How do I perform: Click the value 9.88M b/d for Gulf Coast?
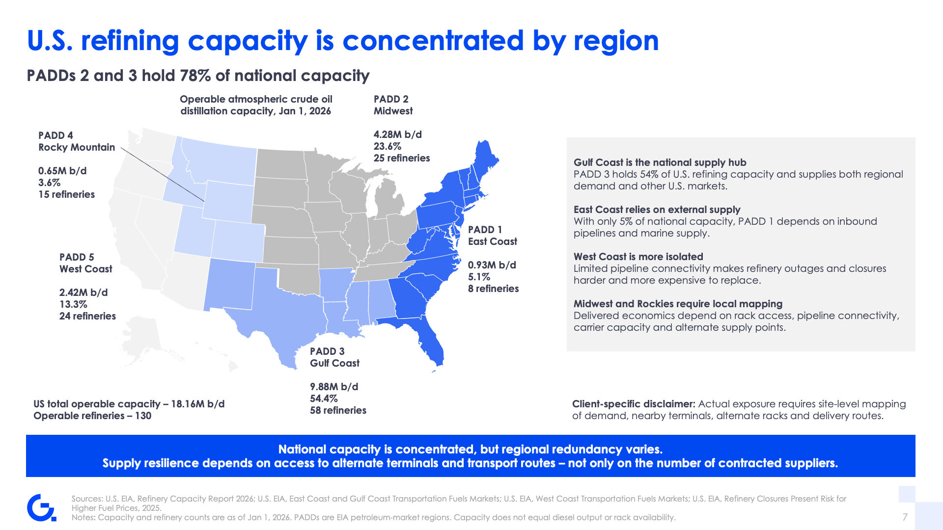click(x=334, y=387)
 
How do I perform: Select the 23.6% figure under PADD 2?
click(x=388, y=146)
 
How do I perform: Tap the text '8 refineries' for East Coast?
click(x=493, y=289)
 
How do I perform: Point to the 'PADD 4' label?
click(x=55, y=135)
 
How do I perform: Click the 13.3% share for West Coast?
click(x=73, y=304)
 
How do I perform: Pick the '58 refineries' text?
click(x=338, y=410)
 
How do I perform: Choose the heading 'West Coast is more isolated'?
click(x=638, y=257)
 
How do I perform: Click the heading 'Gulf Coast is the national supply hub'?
click(x=660, y=162)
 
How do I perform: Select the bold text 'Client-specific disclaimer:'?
click(x=634, y=404)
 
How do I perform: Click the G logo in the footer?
click(x=41, y=507)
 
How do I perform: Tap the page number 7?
click(x=905, y=517)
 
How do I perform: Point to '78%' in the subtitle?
click(x=195, y=76)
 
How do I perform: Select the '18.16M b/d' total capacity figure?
click(x=198, y=404)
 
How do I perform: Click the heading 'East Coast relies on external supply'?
click(x=657, y=210)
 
